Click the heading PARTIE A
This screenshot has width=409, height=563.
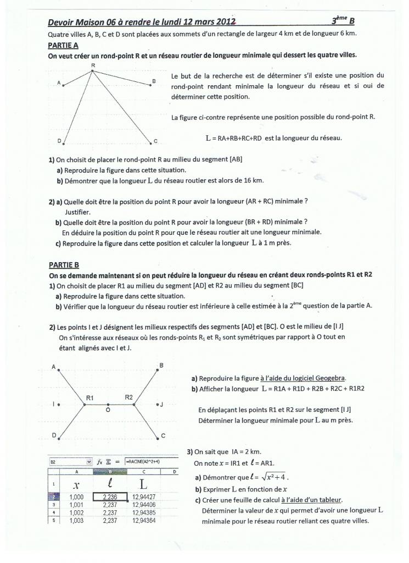(63, 46)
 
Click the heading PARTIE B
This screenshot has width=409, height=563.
(64, 264)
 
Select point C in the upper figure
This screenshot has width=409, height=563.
(151, 144)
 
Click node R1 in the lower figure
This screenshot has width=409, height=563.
(84, 405)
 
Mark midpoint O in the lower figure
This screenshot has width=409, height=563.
(108, 406)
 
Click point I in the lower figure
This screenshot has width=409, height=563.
(59, 404)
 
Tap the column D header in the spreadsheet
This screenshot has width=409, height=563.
(174, 471)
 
